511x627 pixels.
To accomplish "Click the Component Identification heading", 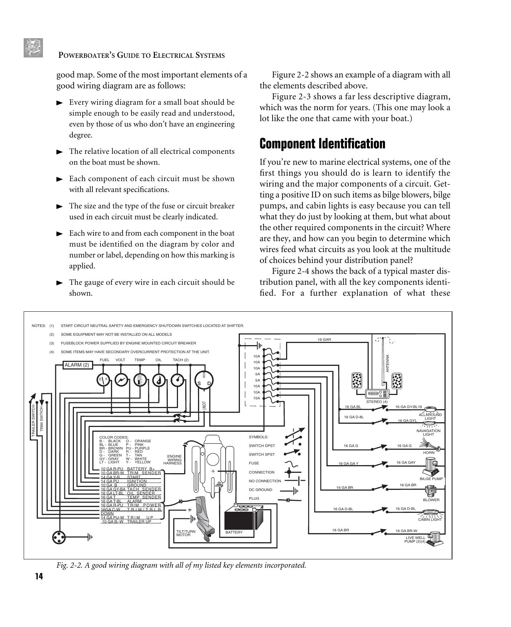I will [322, 144].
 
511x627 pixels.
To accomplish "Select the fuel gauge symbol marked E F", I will [103, 380].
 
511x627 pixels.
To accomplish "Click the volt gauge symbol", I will [121, 380].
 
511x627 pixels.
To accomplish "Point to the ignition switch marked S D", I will [204, 381].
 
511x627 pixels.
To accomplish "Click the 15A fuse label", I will [257, 398].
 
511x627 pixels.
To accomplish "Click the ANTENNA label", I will [388, 363].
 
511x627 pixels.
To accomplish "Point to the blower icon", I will [431, 491].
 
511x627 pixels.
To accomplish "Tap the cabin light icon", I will [432, 514].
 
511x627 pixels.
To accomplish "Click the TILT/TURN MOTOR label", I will [186, 533].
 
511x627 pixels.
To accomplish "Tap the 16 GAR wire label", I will [324, 340].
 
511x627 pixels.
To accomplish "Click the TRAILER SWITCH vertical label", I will [33, 420].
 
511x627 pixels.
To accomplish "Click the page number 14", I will [39, 576].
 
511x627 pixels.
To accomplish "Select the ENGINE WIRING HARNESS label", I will [173, 460].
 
